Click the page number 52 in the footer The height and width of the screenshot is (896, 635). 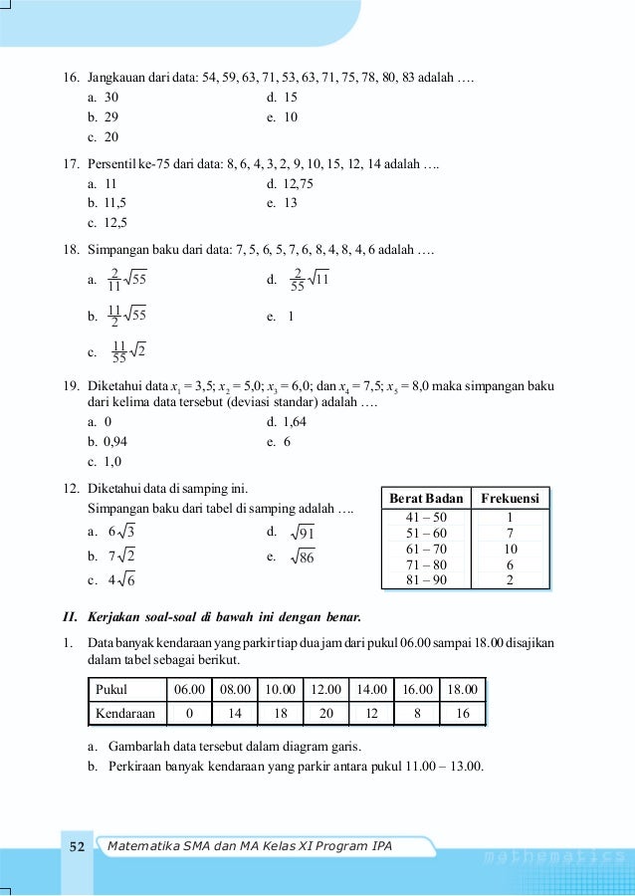pos(77,847)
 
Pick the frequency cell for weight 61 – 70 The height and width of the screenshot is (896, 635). pos(510,550)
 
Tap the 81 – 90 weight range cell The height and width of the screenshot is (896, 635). pos(426,580)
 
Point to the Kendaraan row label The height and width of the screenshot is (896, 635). pos(126,713)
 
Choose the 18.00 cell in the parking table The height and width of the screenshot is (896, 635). pos(462,689)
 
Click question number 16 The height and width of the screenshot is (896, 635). pos(71,78)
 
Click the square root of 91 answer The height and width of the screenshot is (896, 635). pos(303,534)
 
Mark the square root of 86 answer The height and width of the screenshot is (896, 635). pos(303,558)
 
